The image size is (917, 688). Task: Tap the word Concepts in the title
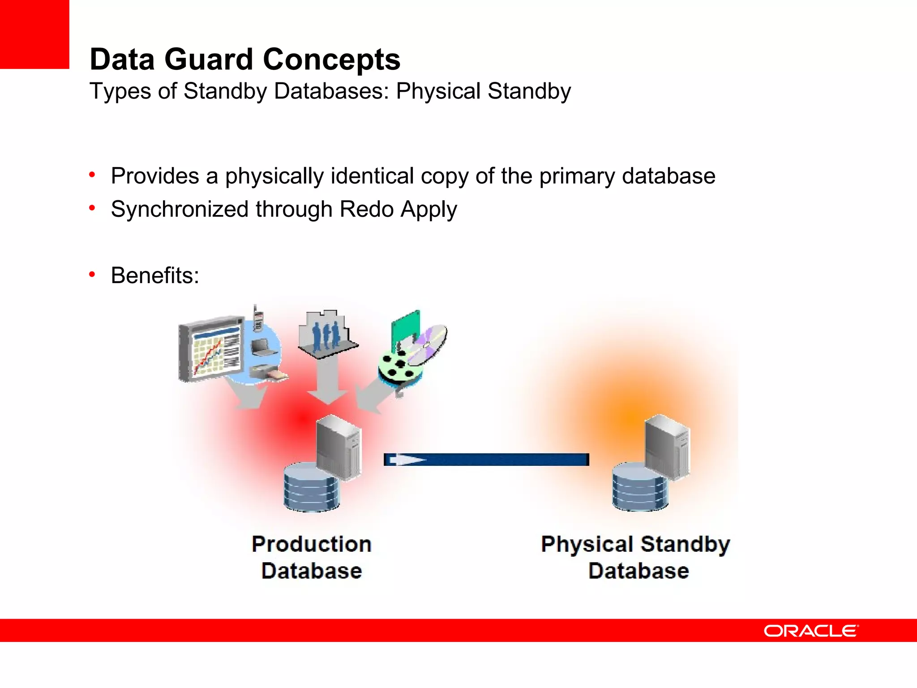pos(331,60)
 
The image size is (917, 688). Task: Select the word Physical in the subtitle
pos(438,91)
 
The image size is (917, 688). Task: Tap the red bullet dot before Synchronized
pos(92,208)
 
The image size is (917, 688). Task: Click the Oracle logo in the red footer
pos(811,631)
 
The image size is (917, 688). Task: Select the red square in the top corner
pos(34,34)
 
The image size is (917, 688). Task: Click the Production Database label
pos(311,557)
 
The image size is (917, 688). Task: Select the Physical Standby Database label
pos(636,557)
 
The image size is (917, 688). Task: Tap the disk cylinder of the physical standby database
pos(639,487)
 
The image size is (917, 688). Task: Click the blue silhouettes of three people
pos(326,336)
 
